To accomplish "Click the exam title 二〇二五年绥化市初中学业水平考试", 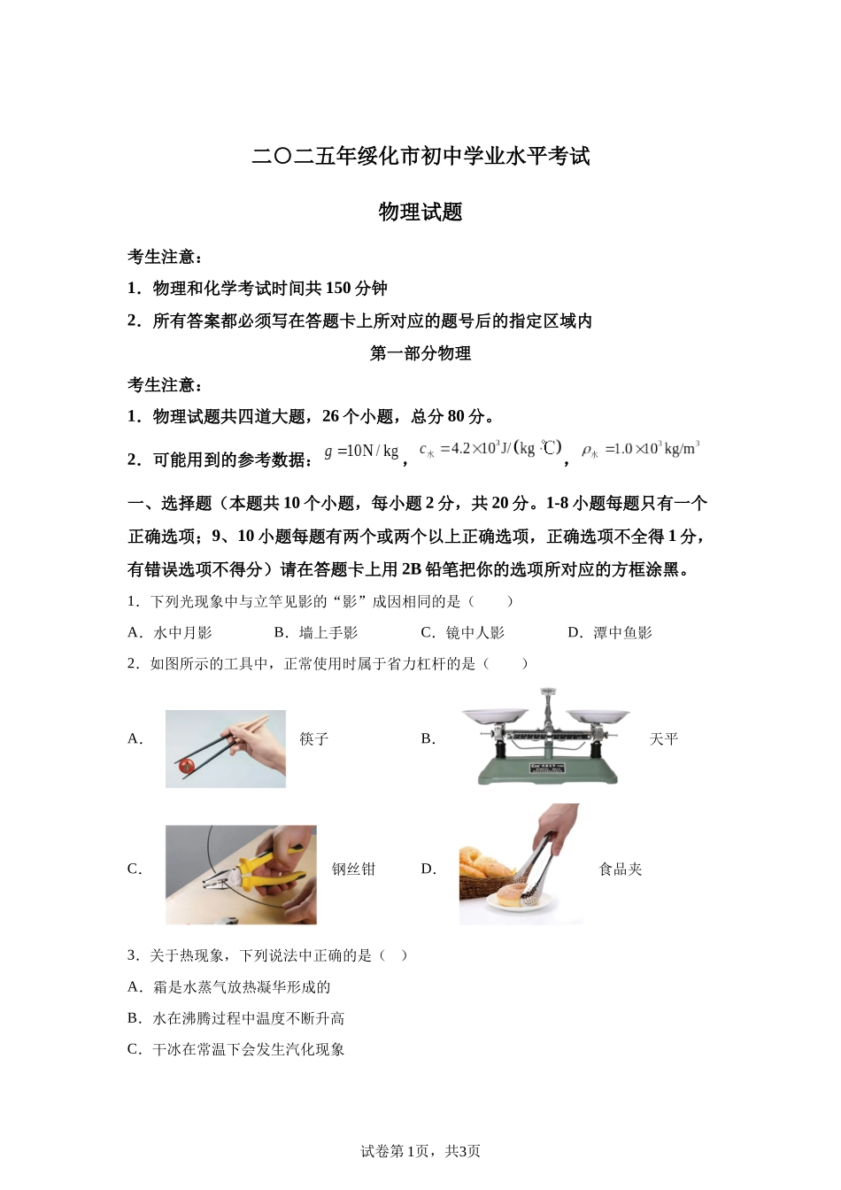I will point(420,157).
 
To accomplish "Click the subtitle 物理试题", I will point(420,212).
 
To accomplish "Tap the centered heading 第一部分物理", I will point(420,353).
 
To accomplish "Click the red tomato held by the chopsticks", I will point(187,765).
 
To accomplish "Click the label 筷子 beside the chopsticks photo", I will point(314,738).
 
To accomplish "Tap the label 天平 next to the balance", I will point(664,738).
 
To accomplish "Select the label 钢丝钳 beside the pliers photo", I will point(353,869).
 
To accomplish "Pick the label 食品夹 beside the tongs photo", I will point(621,869).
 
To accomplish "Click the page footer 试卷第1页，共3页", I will point(420,1151).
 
